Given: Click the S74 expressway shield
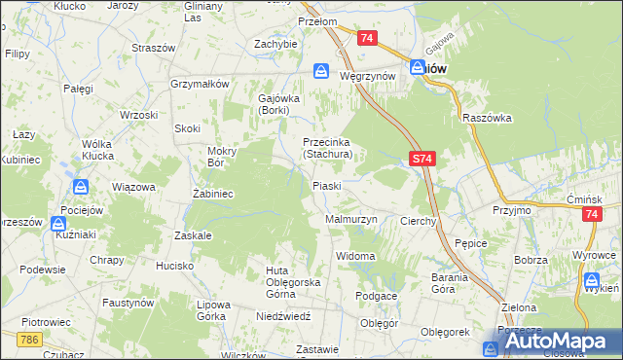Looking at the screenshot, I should click(x=421, y=158).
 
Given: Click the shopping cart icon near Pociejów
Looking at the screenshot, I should click(x=81, y=187).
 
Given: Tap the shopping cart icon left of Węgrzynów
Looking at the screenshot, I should click(x=321, y=71).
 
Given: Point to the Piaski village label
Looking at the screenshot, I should click(x=325, y=186).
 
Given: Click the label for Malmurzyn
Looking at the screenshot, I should click(x=349, y=220).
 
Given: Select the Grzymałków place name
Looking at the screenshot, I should click(x=199, y=84).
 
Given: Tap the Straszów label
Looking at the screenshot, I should click(x=154, y=48).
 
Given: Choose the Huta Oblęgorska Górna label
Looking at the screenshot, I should click(x=279, y=276).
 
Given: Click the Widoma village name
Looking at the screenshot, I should click(x=354, y=256).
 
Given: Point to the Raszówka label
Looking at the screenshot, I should click(x=488, y=117).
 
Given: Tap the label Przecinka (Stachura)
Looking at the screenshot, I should click(x=332, y=147).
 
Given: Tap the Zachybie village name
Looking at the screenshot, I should click(x=275, y=44).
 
